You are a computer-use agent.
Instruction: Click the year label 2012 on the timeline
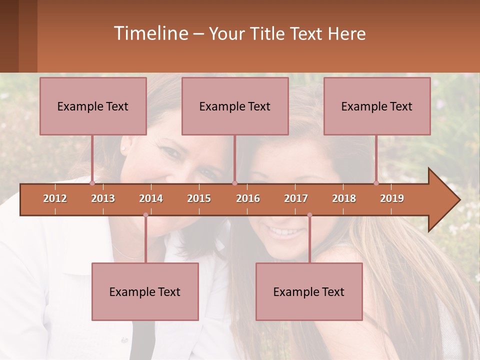(x=55, y=198)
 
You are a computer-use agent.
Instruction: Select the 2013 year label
(x=103, y=198)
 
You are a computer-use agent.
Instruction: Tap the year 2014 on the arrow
(x=151, y=198)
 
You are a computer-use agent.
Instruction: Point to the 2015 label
(x=199, y=198)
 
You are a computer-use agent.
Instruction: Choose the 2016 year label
(x=248, y=198)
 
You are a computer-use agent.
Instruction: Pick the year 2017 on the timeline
(x=296, y=198)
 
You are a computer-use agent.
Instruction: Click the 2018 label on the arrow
(x=344, y=198)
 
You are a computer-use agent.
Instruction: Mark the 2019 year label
(x=392, y=198)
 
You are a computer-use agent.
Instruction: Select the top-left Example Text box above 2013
(x=93, y=106)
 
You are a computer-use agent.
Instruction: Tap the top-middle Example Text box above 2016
(x=235, y=106)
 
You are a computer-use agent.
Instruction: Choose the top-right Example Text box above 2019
(x=377, y=106)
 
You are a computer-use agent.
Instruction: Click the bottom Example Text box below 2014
(x=145, y=291)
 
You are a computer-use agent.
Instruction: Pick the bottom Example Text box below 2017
(x=309, y=291)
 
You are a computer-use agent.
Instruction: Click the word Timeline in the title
(x=150, y=33)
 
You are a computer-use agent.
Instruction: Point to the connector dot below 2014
(x=145, y=215)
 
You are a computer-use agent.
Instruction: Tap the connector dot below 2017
(x=309, y=215)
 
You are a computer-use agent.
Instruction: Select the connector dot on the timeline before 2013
(x=92, y=183)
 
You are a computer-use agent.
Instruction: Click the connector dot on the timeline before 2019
(x=376, y=183)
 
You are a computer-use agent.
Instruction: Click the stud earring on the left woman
(x=123, y=148)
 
